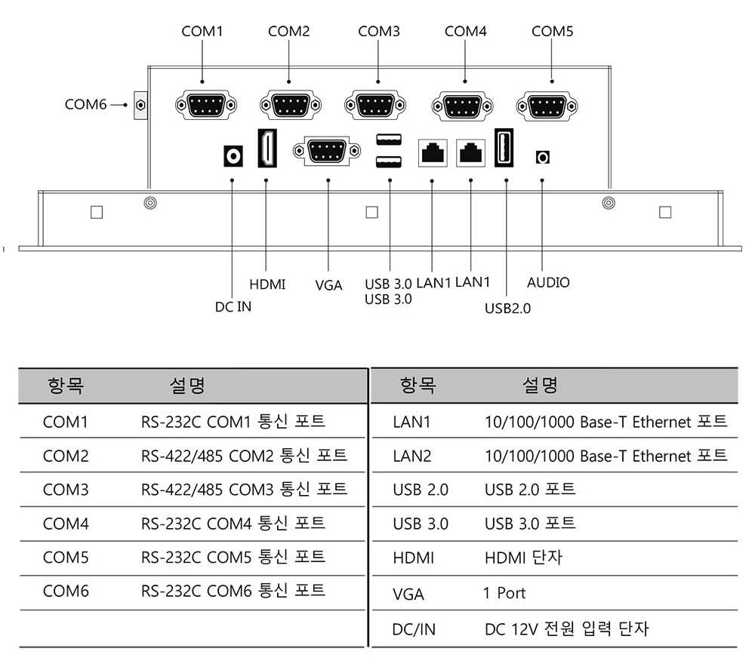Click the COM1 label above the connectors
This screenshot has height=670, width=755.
pos(202,31)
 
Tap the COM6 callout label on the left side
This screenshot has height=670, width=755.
pos(86,104)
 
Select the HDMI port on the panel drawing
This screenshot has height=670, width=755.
pos(267,148)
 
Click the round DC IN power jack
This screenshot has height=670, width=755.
pos(233,156)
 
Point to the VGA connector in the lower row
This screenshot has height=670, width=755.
pos(327,151)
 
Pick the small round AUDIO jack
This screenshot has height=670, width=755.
pos(543,158)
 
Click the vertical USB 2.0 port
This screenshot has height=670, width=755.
pos(504,148)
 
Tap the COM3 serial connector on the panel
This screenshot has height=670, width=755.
pos(375,105)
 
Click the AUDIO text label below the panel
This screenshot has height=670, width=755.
pos(548,282)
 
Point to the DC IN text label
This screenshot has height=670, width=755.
pos(233,306)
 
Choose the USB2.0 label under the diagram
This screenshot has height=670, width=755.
pos(507,308)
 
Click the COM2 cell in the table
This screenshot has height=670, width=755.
pos(66,456)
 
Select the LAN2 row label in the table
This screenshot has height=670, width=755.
pos(412,456)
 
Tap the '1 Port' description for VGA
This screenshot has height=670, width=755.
pos(504,593)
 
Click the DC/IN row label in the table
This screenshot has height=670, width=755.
pos(414,629)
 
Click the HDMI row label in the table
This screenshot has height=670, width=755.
pos(414,558)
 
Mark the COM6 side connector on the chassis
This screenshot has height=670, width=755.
pos(140,105)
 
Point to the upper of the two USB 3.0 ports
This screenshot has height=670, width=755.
pos(389,140)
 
